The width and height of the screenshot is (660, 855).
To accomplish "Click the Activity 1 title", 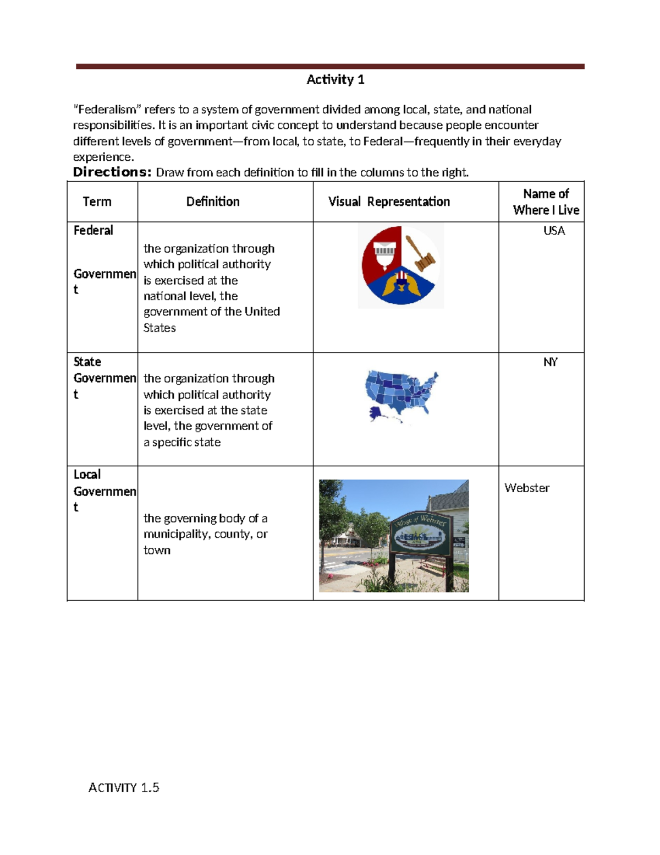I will tap(335, 80).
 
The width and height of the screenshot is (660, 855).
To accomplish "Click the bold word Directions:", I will tap(112, 172).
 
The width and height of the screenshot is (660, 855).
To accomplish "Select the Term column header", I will tap(97, 202).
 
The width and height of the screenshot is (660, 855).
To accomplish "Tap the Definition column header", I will tap(213, 202).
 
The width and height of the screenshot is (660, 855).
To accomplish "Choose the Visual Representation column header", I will tap(389, 202).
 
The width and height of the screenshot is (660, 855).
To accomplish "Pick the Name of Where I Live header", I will tap(546, 202).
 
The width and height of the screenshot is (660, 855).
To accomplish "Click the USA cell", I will tap(554, 231).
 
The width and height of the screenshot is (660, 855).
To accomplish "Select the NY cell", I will tap(551, 362).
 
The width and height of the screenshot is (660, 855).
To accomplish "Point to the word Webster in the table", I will tap(527, 488).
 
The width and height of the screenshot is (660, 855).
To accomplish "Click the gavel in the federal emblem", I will tap(420, 254).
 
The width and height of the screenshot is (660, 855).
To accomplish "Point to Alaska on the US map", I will tap(377, 413).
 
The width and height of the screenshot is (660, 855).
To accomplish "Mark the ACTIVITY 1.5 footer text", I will tap(124, 787).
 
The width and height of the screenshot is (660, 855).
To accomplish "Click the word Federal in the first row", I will tap(94, 230).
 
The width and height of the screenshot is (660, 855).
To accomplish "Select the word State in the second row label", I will tap(87, 362).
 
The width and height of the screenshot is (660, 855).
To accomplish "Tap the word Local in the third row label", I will tap(87, 475).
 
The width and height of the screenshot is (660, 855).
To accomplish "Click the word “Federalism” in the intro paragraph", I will tap(107, 110).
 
